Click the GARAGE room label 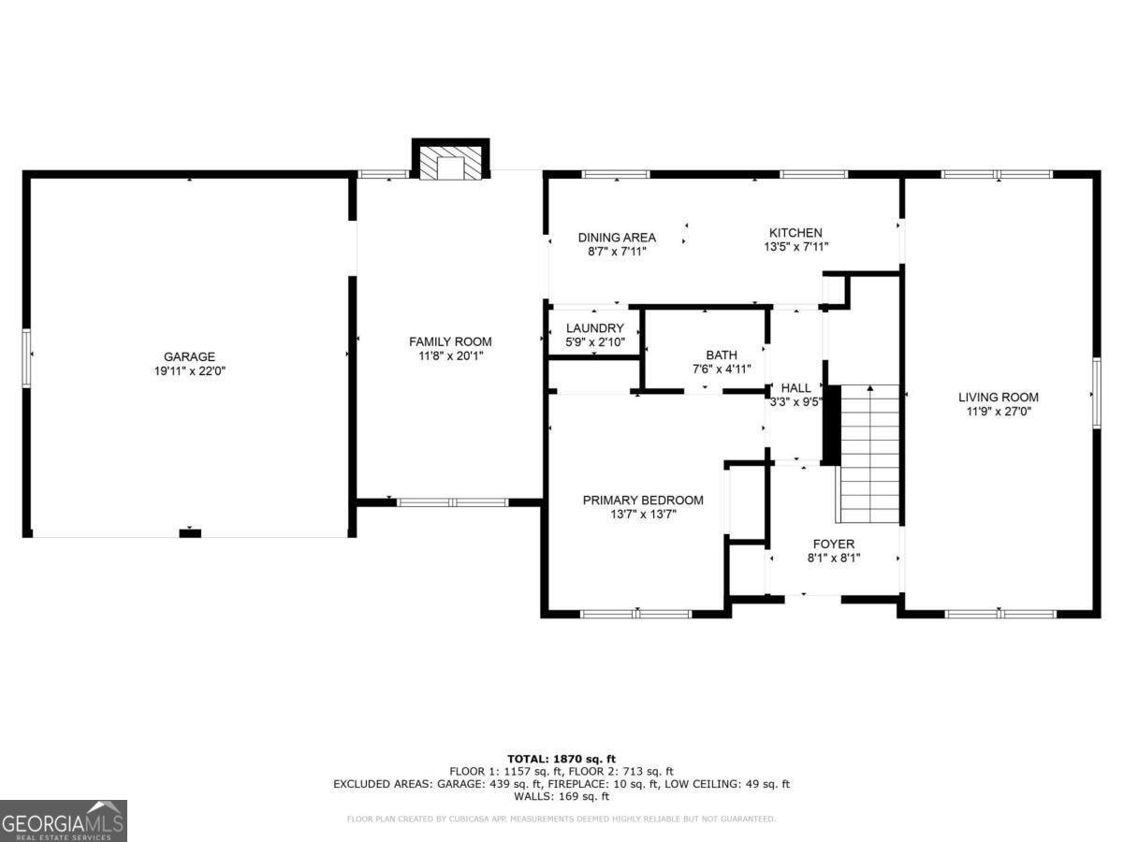189,356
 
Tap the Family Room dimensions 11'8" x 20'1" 451,356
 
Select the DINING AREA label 617,238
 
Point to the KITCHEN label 796,232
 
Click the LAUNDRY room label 595,327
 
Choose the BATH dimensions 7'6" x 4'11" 722,369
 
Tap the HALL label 796,388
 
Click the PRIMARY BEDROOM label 643,500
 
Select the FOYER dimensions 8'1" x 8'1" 834,558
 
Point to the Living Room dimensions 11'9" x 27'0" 999,411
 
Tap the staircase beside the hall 868,454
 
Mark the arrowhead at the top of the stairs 870,389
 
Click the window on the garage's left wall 26,358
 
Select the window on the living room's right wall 1097,393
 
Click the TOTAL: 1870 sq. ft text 561,759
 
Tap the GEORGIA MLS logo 64,820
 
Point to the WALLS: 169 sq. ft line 561,795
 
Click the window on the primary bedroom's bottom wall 636,614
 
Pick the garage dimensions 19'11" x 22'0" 190,370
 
